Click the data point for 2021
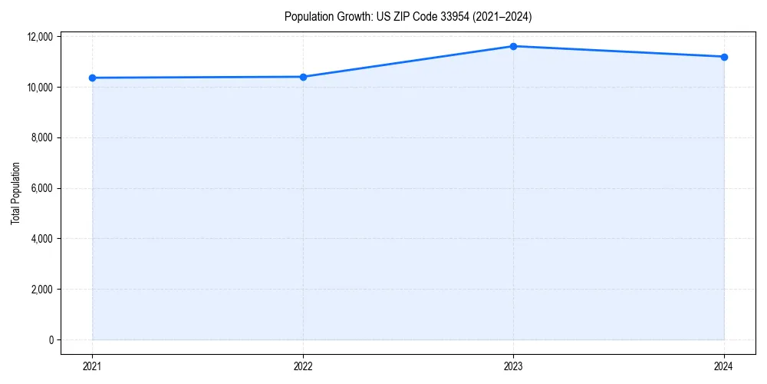tap(92, 78)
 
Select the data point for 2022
tap(303, 77)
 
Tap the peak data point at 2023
tap(513, 46)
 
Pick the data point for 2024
tap(724, 57)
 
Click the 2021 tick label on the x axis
tap(92, 366)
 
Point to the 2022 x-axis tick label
tap(303, 366)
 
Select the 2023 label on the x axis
tap(513, 366)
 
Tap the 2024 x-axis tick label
tap(724, 366)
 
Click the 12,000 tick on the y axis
tap(40, 37)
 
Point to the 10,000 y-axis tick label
tap(40, 88)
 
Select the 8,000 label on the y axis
tap(42, 138)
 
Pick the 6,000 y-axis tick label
tap(42, 189)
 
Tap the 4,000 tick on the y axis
tap(42, 239)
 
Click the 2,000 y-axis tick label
tap(42, 290)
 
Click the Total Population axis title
tap(15, 193)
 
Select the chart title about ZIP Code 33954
tap(407, 16)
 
